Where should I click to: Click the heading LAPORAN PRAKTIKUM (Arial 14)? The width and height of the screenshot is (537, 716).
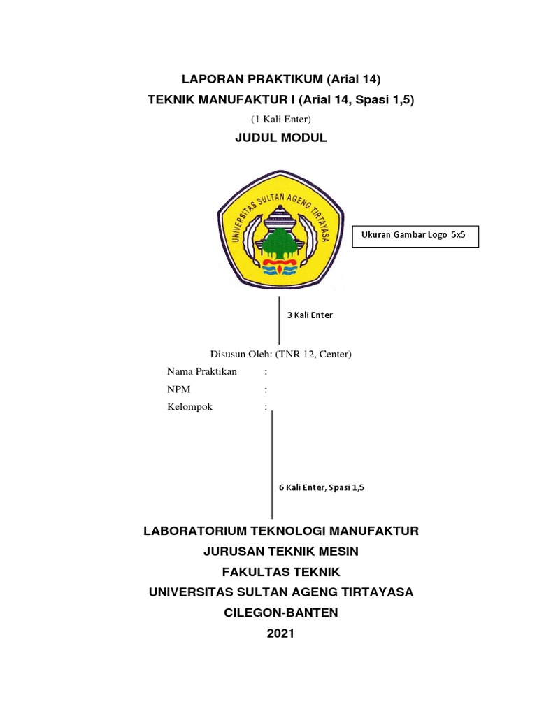point(281,78)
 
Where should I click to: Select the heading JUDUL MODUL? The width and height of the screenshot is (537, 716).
point(281,138)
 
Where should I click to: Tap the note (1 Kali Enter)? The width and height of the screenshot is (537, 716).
point(280,120)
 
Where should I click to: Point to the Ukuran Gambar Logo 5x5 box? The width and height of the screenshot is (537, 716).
point(419,236)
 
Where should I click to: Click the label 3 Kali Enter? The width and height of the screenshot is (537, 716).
point(310,315)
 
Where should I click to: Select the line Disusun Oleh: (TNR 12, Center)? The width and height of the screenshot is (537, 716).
point(281,354)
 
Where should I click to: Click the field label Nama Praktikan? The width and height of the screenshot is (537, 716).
point(202,371)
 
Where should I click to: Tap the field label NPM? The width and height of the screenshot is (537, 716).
point(178,389)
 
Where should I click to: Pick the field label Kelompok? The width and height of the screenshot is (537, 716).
point(189,407)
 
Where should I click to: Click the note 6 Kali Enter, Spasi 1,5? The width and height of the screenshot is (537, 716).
point(322,488)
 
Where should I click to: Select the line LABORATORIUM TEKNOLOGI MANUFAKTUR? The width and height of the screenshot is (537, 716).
point(281,531)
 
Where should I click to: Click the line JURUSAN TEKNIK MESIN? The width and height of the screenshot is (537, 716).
point(281,552)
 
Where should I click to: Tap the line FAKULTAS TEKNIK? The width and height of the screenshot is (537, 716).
point(281,572)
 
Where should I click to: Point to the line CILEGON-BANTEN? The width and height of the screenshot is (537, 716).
point(281,613)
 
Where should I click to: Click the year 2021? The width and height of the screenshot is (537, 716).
point(281,633)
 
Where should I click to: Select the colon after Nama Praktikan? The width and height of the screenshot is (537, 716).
point(266,371)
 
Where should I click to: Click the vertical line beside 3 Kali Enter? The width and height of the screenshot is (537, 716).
point(279,320)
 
